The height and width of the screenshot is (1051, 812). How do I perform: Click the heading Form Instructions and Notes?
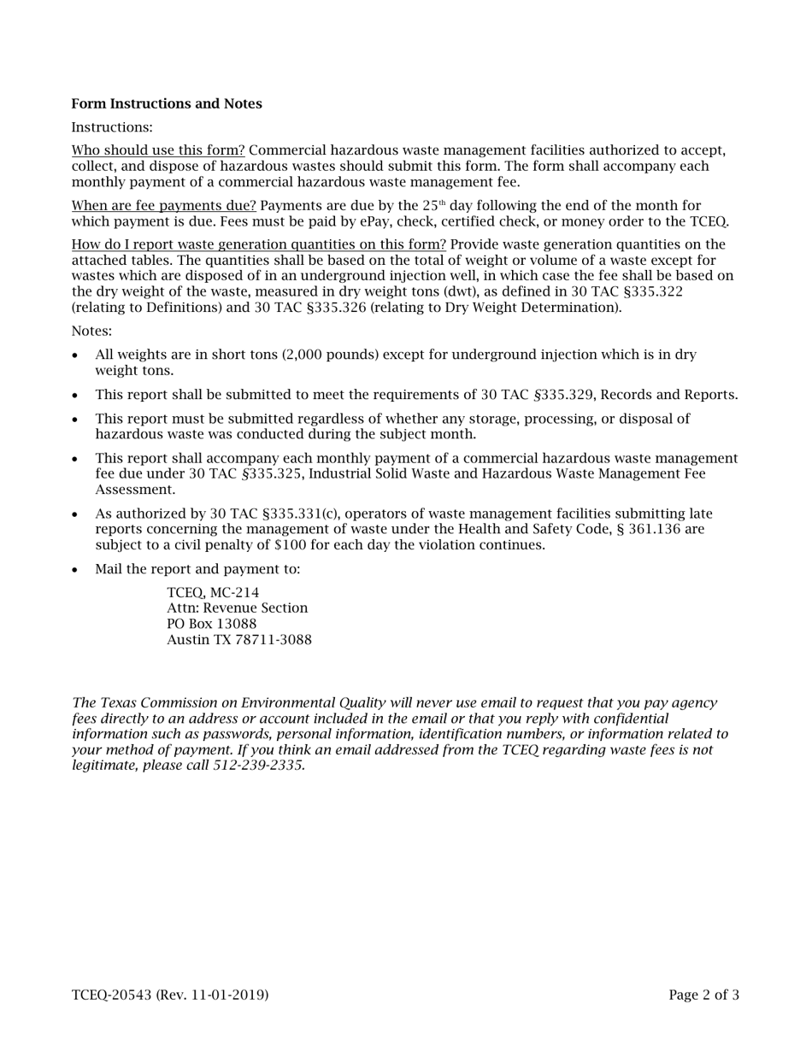click(167, 104)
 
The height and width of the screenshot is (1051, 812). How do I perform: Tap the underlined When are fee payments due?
click(163, 206)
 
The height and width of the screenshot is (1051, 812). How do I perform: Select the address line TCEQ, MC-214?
click(213, 593)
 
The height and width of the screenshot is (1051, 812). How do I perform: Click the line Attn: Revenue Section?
click(237, 608)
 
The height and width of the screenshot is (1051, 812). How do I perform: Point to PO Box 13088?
click(211, 624)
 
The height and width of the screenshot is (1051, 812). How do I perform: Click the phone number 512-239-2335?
click(258, 766)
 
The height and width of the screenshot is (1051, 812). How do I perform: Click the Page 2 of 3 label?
click(703, 995)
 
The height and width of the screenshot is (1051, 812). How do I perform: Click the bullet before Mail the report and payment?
click(76, 570)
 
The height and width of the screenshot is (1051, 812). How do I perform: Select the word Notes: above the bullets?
click(91, 332)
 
